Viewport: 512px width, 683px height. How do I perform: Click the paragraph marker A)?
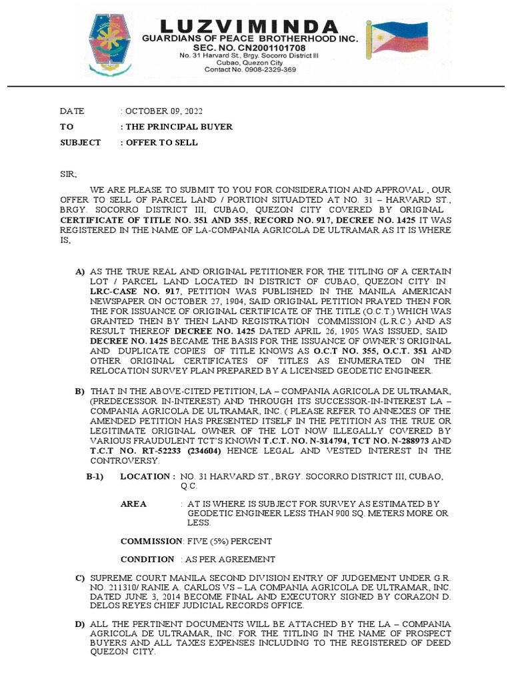coord(81,271)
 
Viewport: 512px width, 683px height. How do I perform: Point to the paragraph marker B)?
coord(81,390)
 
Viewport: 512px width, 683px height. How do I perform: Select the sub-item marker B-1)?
coord(97,476)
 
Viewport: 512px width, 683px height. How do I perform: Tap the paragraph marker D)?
coord(81,624)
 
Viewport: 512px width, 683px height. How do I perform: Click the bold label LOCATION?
coord(147,476)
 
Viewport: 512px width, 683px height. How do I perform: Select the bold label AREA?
coord(133,504)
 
